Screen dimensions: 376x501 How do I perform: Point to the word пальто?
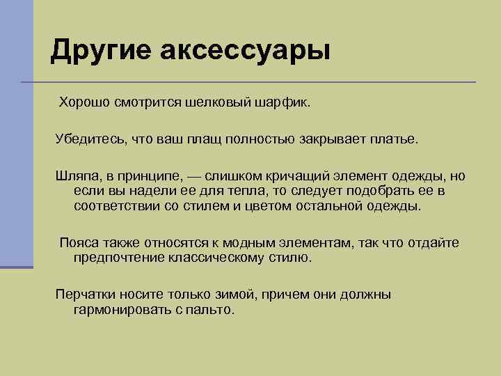point(212,310)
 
